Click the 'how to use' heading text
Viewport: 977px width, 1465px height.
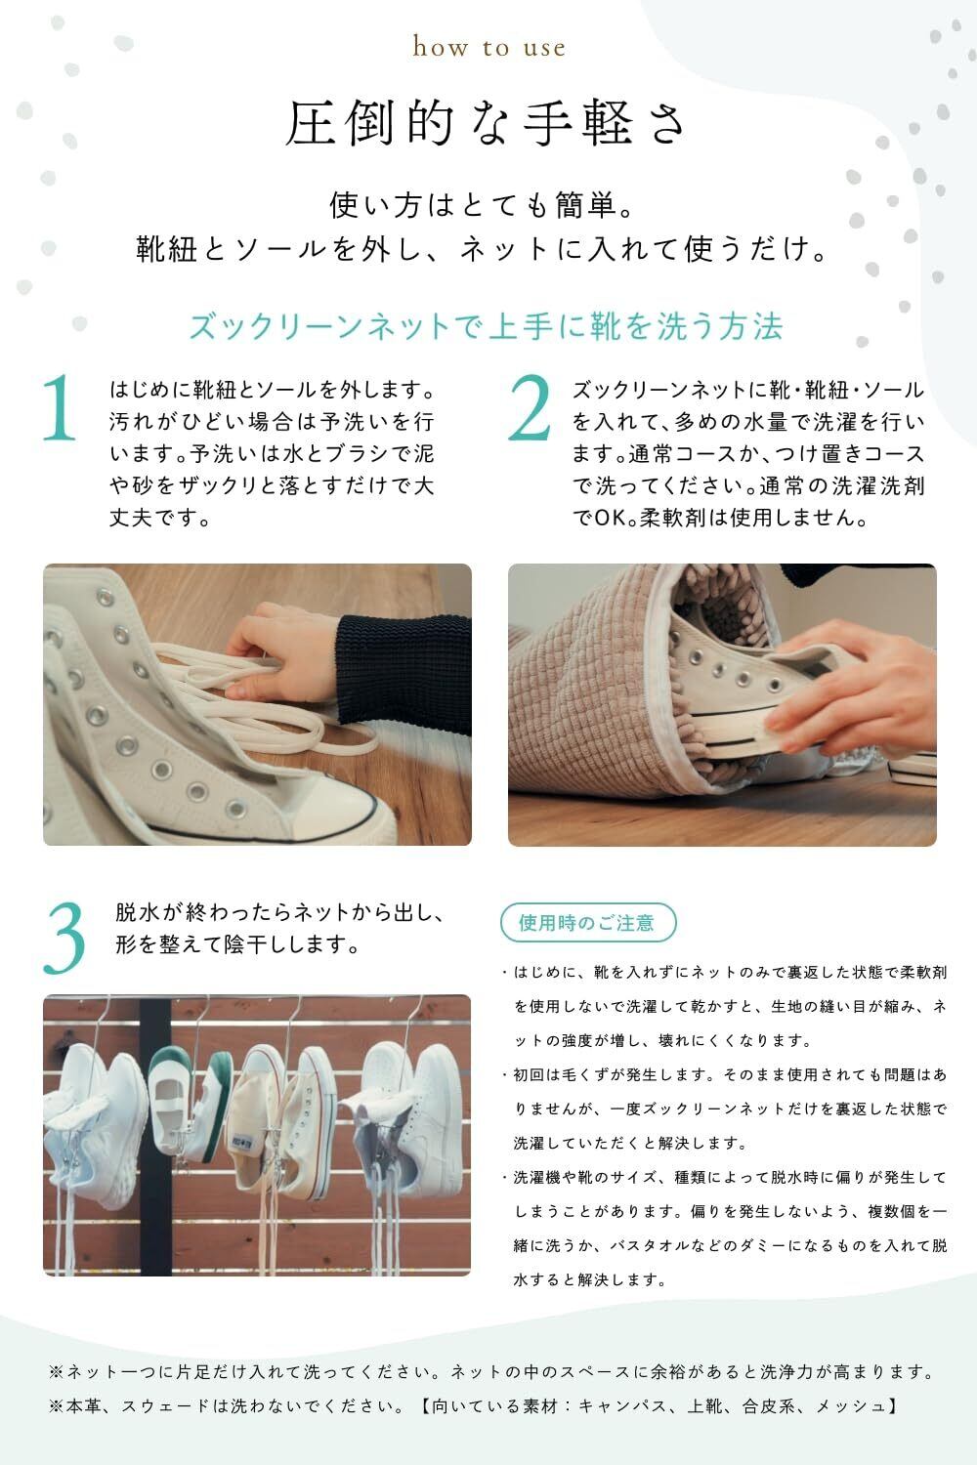click(488, 47)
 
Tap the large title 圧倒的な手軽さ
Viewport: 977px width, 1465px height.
click(485, 123)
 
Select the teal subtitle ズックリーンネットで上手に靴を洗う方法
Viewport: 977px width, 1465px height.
click(486, 325)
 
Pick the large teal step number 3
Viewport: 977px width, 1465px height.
click(64, 938)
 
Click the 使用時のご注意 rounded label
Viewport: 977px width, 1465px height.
click(587, 922)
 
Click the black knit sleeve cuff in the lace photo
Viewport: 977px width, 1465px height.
click(403, 674)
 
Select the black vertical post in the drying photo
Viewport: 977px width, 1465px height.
click(155, 1135)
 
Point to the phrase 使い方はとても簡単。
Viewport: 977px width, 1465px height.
click(482, 205)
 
